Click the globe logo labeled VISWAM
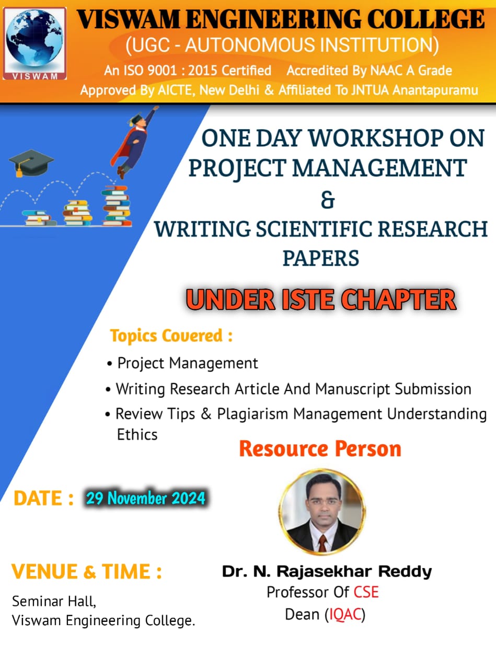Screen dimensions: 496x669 [x=34, y=43]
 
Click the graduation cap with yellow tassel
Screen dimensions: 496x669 [x=31, y=163]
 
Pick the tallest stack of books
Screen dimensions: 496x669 [x=117, y=205]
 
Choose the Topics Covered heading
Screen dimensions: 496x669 [x=171, y=336]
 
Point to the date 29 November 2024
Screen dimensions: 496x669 [x=145, y=498]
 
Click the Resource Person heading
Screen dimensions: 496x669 [x=320, y=449]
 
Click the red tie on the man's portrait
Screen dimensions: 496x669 [x=322, y=543]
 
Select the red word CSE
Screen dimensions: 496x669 [x=366, y=592]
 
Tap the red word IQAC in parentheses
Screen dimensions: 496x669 [x=345, y=614]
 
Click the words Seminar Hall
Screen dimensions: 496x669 [x=54, y=601]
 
